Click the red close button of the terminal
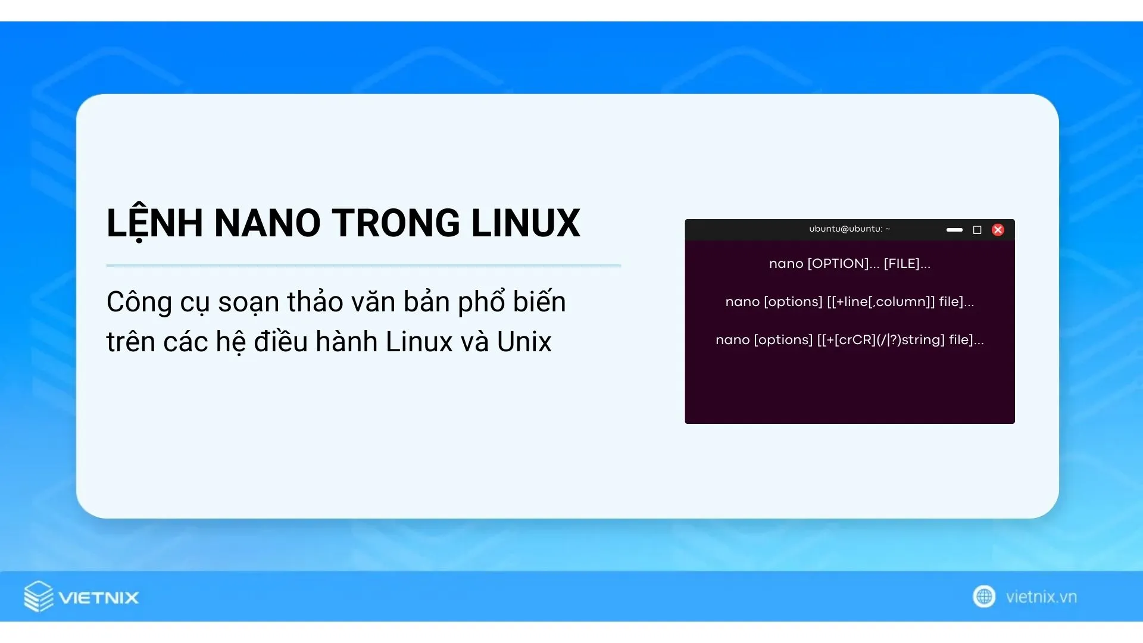click(x=998, y=230)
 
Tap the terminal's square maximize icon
click(x=977, y=230)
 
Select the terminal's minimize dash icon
click(x=954, y=230)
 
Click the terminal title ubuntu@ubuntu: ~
click(x=850, y=229)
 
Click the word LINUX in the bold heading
click(x=526, y=223)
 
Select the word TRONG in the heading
click(x=396, y=223)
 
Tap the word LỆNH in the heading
click(x=155, y=223)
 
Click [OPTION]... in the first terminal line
click(x=844, y=264)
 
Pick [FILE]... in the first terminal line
click(x=907, y=264)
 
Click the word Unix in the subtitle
click(x=524, y=342)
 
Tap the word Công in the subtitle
click(x=139, y=302)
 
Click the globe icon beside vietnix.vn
click(x=984, y=597)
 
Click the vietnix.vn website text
click(x=1041, y=597)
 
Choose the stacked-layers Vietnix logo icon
click(x=39, y=597)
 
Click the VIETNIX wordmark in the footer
click(x=99, y=598)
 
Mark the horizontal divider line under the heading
click(x=364, y=266)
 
